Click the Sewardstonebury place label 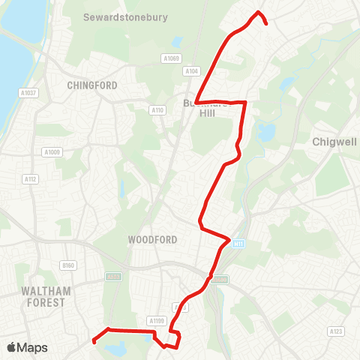tap(126, 16)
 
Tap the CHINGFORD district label tap(92, 85)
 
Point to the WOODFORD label tap(152, 240)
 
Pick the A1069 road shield tap(171, 58)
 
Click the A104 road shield tap(191, 71)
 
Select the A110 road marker tap(157, 110)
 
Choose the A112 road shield tap(30, 178)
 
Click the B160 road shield tap(68, 265)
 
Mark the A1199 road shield tap(156, 321)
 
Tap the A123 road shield tap(335, 330)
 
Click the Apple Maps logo tap(27, 347)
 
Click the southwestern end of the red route tap(93, 341)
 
